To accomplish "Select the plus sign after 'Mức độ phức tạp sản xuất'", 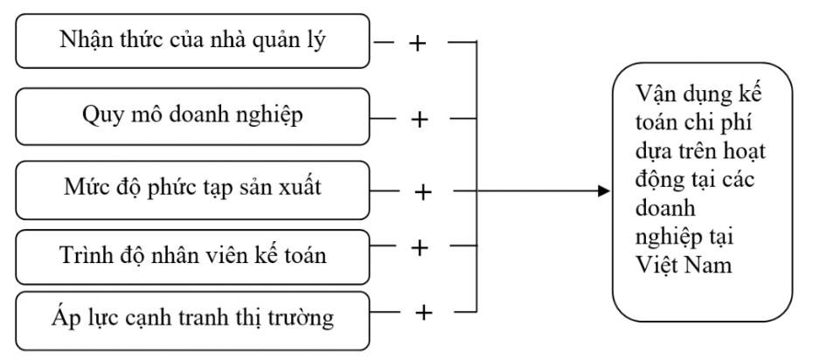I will coord(423,191).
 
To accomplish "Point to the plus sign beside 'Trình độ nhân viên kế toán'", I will coord(419,248).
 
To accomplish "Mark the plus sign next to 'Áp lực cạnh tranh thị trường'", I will coord(424,311).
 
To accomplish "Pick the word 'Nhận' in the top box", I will coord(86,40).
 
